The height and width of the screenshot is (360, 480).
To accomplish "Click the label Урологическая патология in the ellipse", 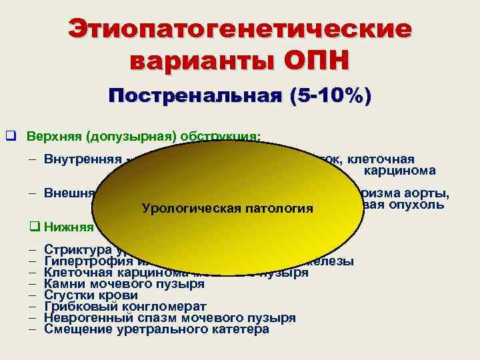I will [x=227, y=209].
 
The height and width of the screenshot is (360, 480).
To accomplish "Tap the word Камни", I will [x=64, y=284].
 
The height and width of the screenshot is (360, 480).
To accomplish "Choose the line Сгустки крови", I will [x=91, y=295].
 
